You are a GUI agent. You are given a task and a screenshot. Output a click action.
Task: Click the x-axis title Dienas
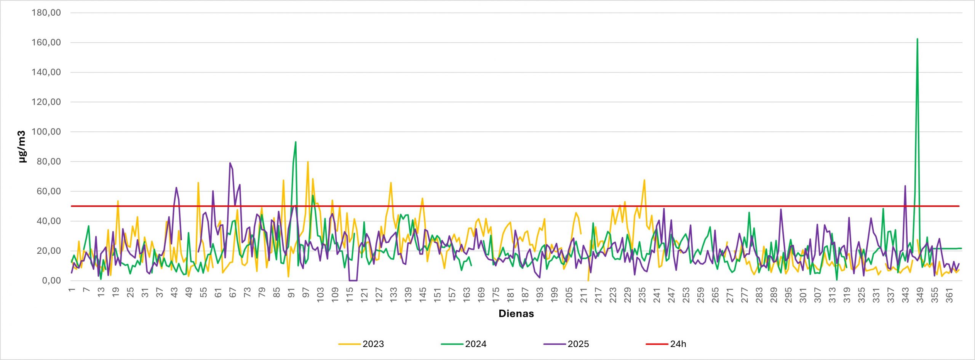point(516,314)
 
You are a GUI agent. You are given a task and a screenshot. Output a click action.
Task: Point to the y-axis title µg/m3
point(22,147)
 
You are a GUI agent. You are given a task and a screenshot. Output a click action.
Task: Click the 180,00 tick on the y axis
point(46,13)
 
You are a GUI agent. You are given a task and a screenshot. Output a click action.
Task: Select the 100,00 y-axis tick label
point(46,132)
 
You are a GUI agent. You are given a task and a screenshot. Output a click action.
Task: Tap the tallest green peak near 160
point(917,39)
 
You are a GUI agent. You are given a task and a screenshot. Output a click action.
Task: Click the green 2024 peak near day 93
point(296,142)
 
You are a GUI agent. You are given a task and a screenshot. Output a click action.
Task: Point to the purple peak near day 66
point(230,163)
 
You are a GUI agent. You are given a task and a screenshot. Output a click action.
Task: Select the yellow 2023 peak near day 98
point(308,162)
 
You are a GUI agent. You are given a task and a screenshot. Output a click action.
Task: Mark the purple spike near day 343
point(905,186)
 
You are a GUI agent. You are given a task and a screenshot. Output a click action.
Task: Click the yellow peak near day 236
point(644,180)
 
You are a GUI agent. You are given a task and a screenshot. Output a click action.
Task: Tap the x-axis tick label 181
point(511,295)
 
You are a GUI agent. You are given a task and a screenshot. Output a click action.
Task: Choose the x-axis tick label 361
point(949,295)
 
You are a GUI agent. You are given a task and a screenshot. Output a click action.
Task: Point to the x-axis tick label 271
point(730,295)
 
